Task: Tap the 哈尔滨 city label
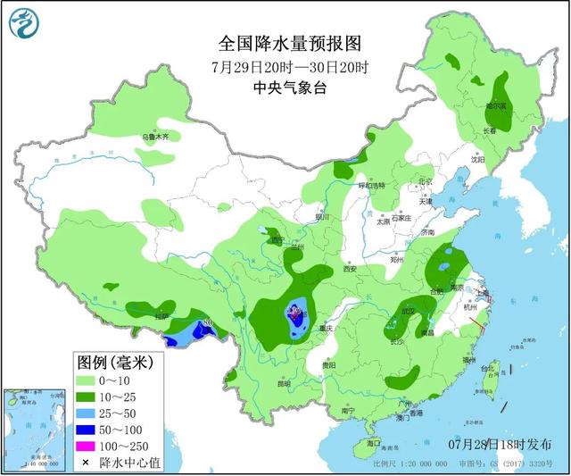click(x=497, y=105)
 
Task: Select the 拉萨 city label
click(x=161, y=317)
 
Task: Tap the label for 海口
click(x=373, y=443)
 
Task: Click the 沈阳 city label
click(x=478, y=161)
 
